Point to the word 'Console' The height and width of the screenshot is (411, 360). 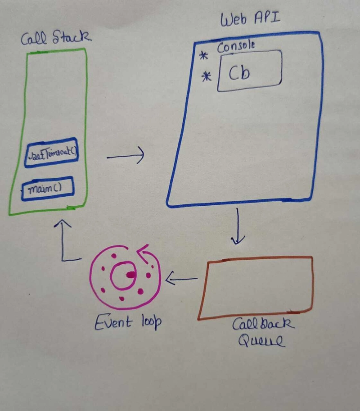[x=236, y=46]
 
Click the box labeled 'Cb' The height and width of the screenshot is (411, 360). [x=250, y=71]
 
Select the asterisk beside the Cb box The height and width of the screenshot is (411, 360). [x=207, y=77]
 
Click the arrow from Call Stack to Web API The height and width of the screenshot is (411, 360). [x=125, y=156]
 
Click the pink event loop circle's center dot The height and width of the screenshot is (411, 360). [x=130, y=274]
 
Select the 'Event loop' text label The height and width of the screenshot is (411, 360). [x=128, y=322]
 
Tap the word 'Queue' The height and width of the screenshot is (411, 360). [x=261, y=342]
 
